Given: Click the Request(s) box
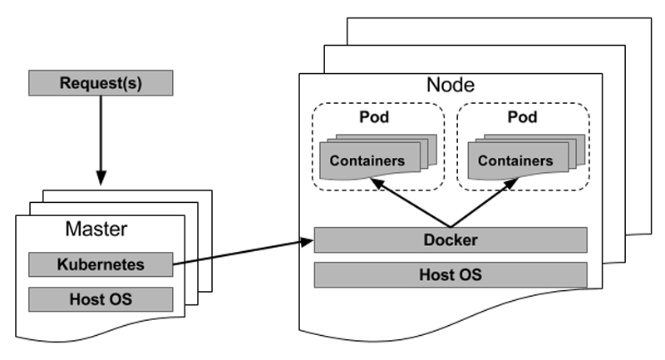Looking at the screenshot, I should (101, 83).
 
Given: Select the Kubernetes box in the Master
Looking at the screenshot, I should (101, 264).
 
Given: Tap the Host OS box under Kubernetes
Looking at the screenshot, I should (101, 298).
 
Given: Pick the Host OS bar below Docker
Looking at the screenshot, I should (451, 274).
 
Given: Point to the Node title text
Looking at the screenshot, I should (451, 84).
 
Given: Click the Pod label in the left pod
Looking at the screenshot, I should (374, 116).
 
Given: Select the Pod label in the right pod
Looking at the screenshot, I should (523, 116).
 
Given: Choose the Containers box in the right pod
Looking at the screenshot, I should (515, 160).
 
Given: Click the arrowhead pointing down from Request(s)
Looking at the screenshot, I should (101, 178).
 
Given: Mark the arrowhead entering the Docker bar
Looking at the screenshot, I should (307, 242).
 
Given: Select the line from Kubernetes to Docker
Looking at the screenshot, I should (241, 253).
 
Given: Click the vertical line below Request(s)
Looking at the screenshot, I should (101, 133).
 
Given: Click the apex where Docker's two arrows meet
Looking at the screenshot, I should (451, 226).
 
